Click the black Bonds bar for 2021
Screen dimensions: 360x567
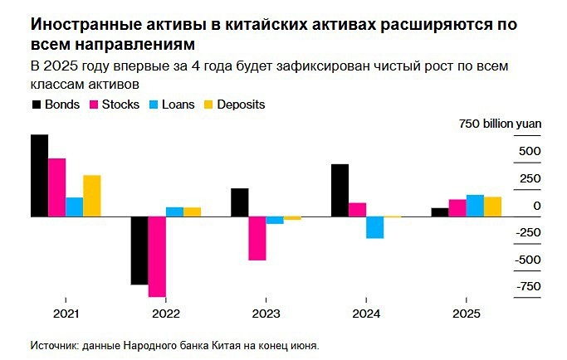[39, 176]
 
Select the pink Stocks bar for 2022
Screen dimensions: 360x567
[157, 256]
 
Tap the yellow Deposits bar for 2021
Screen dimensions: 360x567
[91, 196]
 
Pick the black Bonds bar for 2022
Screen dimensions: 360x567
[139, 251]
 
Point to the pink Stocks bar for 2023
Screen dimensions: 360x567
[257, 238]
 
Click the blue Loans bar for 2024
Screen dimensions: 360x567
[375, 227]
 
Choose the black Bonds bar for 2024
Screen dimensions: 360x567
[340, 190]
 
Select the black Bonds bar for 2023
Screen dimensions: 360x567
[239, 202]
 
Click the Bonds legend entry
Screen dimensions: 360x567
[56, 105]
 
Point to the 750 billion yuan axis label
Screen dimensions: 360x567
[500, 124]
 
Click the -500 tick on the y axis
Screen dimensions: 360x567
[528, 260]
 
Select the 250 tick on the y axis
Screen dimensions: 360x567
[530, 178]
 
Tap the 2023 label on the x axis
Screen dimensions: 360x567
[266, 314]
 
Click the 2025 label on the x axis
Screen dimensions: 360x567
[466, 314]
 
